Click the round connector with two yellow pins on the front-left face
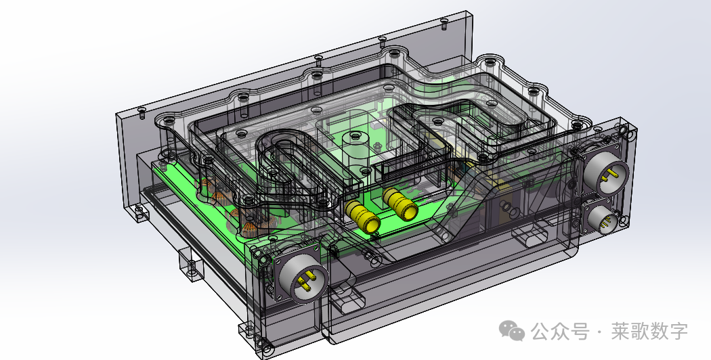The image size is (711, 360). [302, 277]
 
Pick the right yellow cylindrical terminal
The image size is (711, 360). [400, 204]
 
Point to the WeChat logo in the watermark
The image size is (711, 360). [511, 330]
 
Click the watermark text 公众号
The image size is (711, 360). [559, 332]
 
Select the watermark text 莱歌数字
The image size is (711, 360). [649, 332]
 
